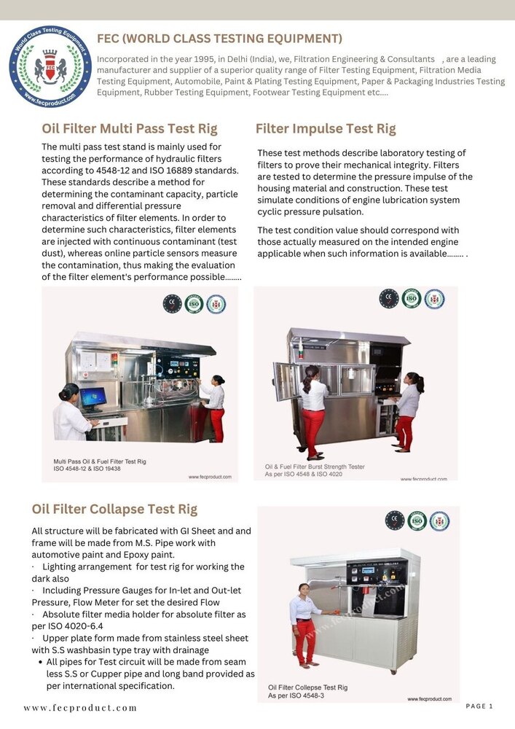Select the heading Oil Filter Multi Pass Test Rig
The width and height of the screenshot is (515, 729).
[130, 129]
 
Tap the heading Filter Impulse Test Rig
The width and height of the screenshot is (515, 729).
[326, 129]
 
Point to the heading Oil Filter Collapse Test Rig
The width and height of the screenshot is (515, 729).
[114, 509]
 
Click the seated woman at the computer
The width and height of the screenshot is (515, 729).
[71, 412]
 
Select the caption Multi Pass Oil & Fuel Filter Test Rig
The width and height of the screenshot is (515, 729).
[100, 461]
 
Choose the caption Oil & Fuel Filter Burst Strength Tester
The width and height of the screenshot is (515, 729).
[315, 466]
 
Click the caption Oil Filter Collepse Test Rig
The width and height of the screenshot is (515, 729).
[307, 687]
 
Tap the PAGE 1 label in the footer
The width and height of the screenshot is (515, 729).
[479, 706]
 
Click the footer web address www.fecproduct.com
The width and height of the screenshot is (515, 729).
[80, 708]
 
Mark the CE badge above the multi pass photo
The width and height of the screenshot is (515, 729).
[172, 304]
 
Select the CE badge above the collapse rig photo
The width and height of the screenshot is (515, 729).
[395, 521]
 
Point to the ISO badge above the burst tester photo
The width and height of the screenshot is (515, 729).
[412, 299]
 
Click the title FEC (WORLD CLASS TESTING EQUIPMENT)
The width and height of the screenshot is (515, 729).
[219, 39]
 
